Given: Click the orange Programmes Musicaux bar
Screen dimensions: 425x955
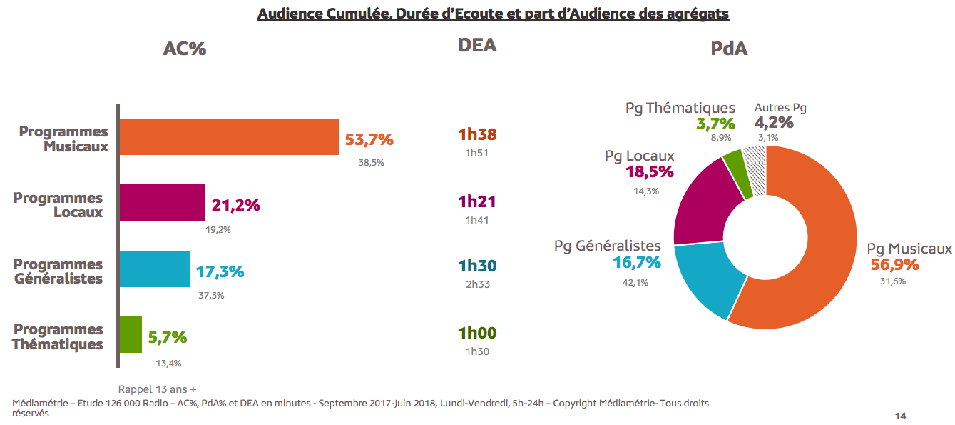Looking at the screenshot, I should (x=228, y=136).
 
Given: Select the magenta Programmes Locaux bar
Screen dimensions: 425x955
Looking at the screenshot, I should (x=162, y=202).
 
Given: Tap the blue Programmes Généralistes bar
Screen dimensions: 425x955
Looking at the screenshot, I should (x=154, y=269).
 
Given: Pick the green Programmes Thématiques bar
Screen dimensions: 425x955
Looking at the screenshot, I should (x=131, y=334).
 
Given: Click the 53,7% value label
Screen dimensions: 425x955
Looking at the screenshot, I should (x=369, y=139).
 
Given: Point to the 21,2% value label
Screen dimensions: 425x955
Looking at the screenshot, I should (x=236, y=206).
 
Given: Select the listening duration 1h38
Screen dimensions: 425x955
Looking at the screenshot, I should (x=477, y=135).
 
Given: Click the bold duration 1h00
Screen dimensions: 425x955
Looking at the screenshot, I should (x=477, y=334).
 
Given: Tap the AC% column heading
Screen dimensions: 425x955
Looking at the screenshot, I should (x=185, y=49).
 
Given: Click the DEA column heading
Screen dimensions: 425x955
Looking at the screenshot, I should (x=477, y=46).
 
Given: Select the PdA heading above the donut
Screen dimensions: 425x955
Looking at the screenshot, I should (x=729, y=49).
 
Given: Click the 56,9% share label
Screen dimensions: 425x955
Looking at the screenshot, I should (x=894, y=265).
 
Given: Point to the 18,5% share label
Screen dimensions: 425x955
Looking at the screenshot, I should (x=650, y=172).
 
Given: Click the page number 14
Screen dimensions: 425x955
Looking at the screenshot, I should (x=900, y=416).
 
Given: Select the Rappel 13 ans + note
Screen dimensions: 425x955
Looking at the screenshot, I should (x=157, y=389).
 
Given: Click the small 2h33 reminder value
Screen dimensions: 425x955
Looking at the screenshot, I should (x=477, y=284).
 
